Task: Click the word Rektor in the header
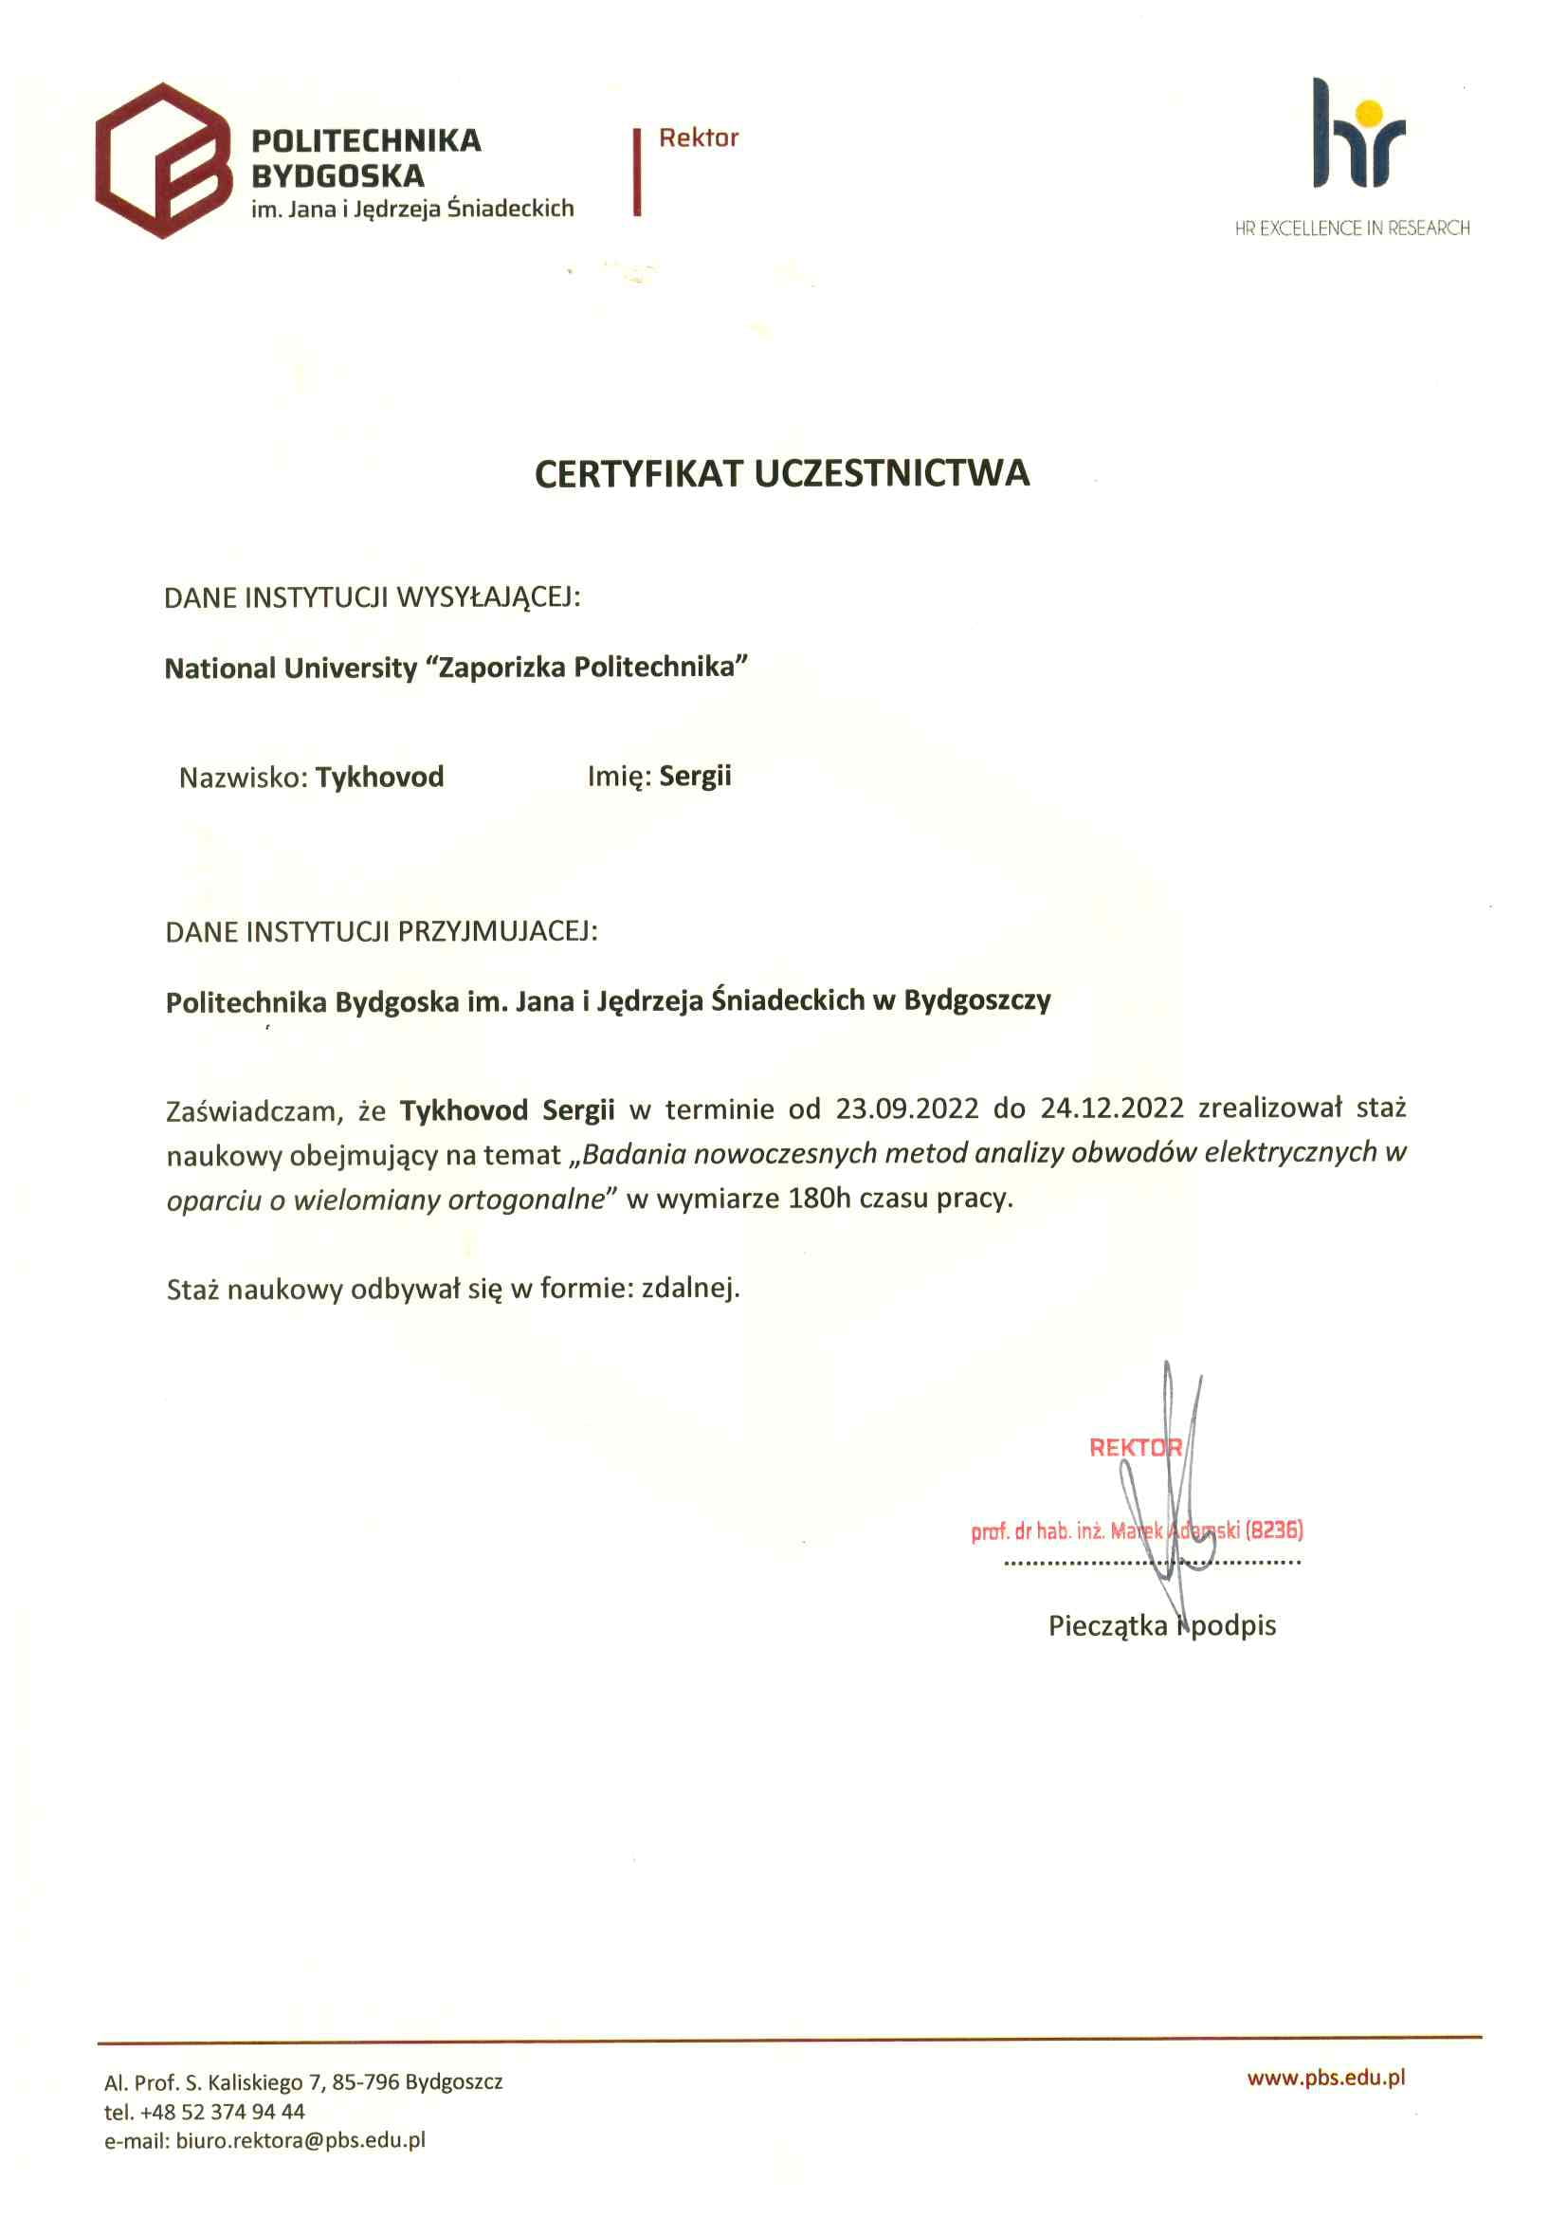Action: click(698, 138)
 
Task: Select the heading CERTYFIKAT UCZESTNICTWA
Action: click(782, 473)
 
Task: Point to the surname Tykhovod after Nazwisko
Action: click(379, 778)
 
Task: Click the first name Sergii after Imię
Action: click(695, 777)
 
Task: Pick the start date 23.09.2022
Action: click(906, 1108)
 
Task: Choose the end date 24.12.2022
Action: click(1111, 1108)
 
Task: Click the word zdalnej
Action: click(690, 1288)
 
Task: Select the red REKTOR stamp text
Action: click(1135, 1447)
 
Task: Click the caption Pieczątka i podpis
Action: click(1161, 1626)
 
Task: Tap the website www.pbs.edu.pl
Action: click(1325, 2078)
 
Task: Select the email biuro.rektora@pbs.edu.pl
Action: click(301, 2141)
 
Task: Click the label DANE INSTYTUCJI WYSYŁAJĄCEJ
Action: click(372, 597)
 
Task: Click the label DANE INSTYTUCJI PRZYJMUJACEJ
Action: click(381, 932)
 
